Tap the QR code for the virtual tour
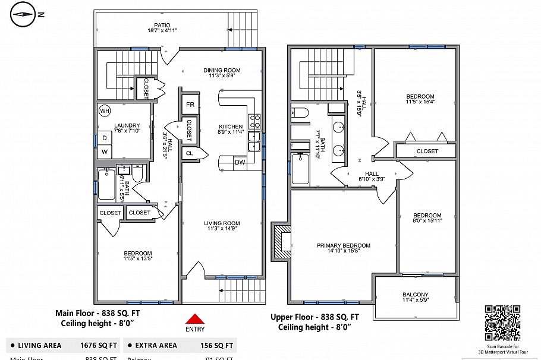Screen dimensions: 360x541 (502, 323)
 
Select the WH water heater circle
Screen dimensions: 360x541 (105, 111)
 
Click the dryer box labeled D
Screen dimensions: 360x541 (105, 138)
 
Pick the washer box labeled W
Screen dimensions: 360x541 (105, 152)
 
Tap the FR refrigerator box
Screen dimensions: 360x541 (190, 105)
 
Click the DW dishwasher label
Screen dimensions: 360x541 (240, 162)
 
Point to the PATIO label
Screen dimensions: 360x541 (162, 27)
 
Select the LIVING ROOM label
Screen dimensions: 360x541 (222, 223)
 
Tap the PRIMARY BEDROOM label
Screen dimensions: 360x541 (343, 245)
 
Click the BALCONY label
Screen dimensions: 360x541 (415, 295)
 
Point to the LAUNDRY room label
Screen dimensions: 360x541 (127, 125)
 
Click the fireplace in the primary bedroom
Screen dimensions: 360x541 (281, 241)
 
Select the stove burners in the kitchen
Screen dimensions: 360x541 (254, 122)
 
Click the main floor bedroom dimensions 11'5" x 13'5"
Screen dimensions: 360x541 (138, 258)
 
